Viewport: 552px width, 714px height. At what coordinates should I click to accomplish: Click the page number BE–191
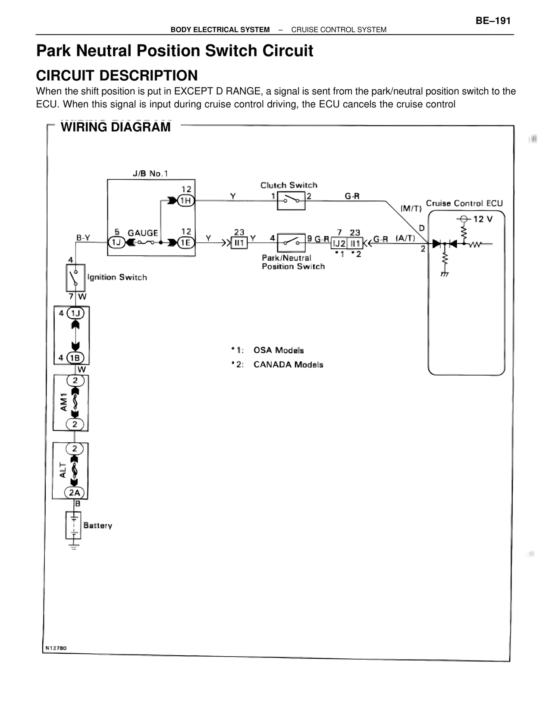pos(493,21)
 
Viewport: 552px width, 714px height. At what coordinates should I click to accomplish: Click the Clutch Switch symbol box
pos(291,201)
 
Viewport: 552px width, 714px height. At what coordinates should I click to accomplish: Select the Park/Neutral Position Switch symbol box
pos(291,243)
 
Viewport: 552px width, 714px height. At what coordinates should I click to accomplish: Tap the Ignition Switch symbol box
pos(75,278)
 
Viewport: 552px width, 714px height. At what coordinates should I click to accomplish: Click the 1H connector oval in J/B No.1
pos(186,200)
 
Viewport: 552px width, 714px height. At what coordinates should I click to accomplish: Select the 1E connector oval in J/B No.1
pos(186,243)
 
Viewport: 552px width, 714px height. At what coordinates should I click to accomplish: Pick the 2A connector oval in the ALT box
pos(75,493)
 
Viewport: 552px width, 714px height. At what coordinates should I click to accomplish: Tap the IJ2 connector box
pos(339,244)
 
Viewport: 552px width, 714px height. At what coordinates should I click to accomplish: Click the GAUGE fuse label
pos(143,233)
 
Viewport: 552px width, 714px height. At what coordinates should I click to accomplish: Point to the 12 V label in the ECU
pos(483,219)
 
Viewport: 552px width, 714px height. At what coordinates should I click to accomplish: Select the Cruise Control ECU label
pos(464,203)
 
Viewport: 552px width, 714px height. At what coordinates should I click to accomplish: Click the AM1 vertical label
pos(63,402)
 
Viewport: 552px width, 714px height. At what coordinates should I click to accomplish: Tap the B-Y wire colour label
pos(83,238)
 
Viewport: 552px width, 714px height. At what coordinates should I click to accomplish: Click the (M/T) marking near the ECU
pos(411,208)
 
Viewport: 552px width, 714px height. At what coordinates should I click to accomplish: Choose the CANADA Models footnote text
pos(288,365)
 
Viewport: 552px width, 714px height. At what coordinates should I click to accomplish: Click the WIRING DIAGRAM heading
pos(116,127)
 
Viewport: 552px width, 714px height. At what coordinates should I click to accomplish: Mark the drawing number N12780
pos(56,648)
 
